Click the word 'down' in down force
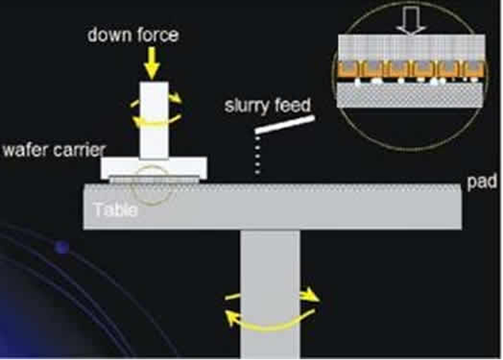pyautogui.click(x=108, y=35)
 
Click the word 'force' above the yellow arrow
pyautogui.click(x=156, y=35)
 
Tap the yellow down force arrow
pyautogui.click(x=152, y=63)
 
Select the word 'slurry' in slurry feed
pyautogui.click(x=245, y=106)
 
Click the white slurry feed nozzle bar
pyautogui.click(x=285, y=125)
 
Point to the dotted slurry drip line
pyautogui.click(x=258, y=155)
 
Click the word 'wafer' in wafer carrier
pyautogui.click(x=25, y=150)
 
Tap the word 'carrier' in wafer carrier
pyautogui.click(x=79, y=150)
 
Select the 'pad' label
pyautogui.click(x=482, y=182)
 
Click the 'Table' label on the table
pyautogui.click(x=115, y=210)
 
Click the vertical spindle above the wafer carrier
pyautogui.click(x=154, y=120)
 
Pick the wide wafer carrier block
pyautogui.click(x=154, y=168)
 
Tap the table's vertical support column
pyautogui.click(x=270, y=294)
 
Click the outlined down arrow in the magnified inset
pyautogui.click(x=411, y=20)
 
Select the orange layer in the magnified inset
pyautogui.click(x=411, y=69)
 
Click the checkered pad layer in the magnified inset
pyautogui.click(x=410, y=95)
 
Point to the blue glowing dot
pyautogui.click(x=62, y=248)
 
